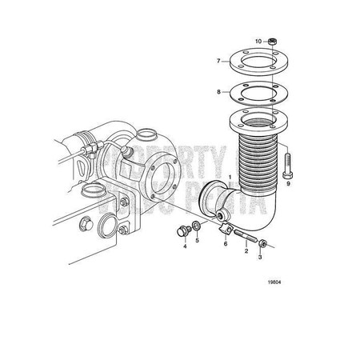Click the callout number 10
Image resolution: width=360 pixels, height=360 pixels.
258,40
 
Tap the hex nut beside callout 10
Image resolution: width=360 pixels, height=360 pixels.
271,40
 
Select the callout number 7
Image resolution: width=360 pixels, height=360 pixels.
217,61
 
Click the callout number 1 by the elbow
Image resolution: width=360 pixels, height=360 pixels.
230,177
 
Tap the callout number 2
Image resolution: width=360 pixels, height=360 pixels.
246,251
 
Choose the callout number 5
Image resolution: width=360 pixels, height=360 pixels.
198,240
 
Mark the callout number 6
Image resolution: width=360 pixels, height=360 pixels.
225,243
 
